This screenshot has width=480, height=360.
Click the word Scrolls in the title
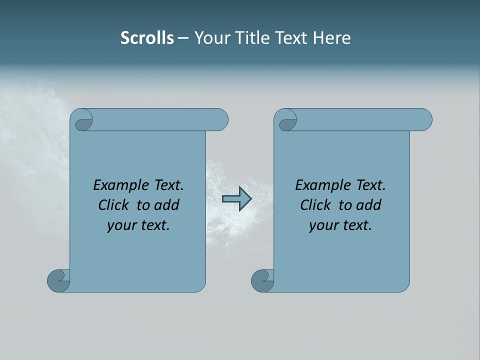pos(147,38)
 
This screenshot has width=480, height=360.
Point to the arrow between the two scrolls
pos(236,199)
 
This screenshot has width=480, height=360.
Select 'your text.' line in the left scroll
pos(138,225)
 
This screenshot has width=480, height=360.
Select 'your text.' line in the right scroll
pos(340,225)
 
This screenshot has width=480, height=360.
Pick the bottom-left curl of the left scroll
pos(58,280)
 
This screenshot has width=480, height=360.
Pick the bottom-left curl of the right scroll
pos(262,280)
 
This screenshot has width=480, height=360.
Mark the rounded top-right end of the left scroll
pos(220,120)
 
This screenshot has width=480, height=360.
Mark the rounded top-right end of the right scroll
pos(424,120)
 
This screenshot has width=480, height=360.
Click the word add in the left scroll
pos(167,205)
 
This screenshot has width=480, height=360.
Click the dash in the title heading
pos(183,38)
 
